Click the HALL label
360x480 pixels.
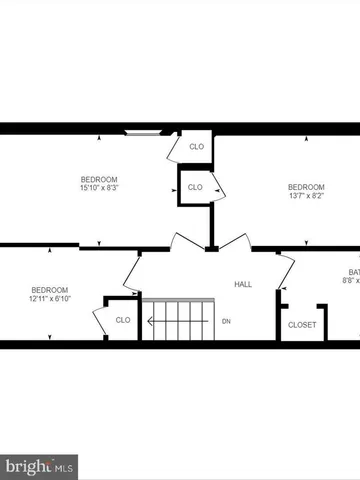coord(243,285)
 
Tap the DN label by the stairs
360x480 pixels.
coord(226,321)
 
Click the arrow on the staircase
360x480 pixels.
coord(150,321)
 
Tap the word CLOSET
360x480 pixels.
coord(302,325)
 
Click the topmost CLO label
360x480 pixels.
coord(197,147)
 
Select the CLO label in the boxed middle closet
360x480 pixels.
coord(195,187)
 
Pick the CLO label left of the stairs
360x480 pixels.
coord(122,320)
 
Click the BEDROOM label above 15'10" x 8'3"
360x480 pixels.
coord(99,179)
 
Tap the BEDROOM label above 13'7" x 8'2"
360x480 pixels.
coord(306,187)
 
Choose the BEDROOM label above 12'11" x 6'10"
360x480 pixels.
coord(49,289)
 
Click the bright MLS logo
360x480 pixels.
coord(39,466)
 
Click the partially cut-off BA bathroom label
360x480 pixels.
coord(353,272)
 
